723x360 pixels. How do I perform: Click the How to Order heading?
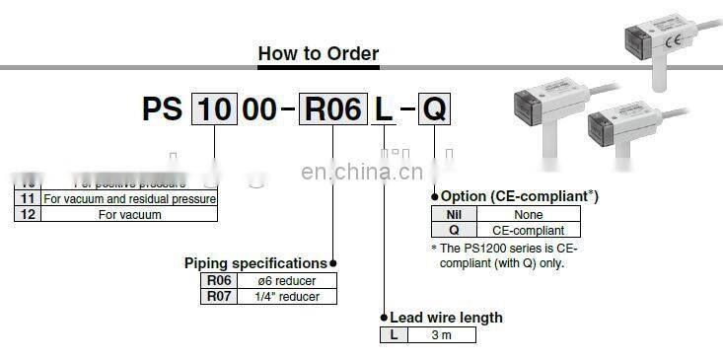point(318,53)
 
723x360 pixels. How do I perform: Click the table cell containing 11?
point(27,198)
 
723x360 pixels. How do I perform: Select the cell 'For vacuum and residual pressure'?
point(129,198)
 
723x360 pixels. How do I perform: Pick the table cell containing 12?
point(27,213)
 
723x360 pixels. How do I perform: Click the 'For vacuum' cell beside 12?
point(129,213)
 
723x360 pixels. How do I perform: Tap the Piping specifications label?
point(255,263)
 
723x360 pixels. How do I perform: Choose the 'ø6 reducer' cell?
point(288,280)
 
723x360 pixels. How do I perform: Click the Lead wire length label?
point(446,318)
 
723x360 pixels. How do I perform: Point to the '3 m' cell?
point(444,335)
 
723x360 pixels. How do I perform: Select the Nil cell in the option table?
point(454,214)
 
